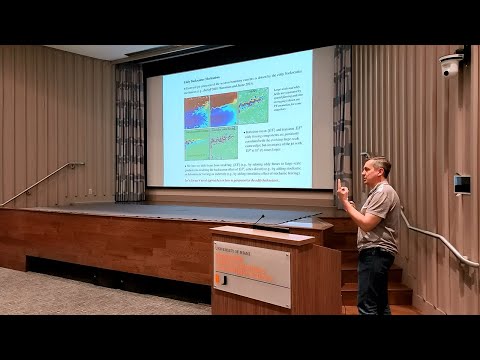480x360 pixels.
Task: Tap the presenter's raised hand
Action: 343,189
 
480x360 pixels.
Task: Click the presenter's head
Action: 380,169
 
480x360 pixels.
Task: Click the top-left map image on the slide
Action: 196,110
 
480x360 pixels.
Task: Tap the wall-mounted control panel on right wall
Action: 461,184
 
